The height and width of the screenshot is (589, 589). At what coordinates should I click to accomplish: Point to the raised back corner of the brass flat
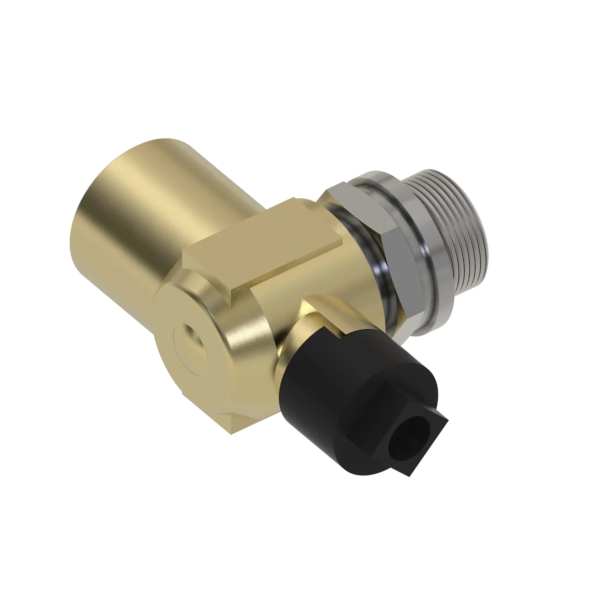coord(294,200)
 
